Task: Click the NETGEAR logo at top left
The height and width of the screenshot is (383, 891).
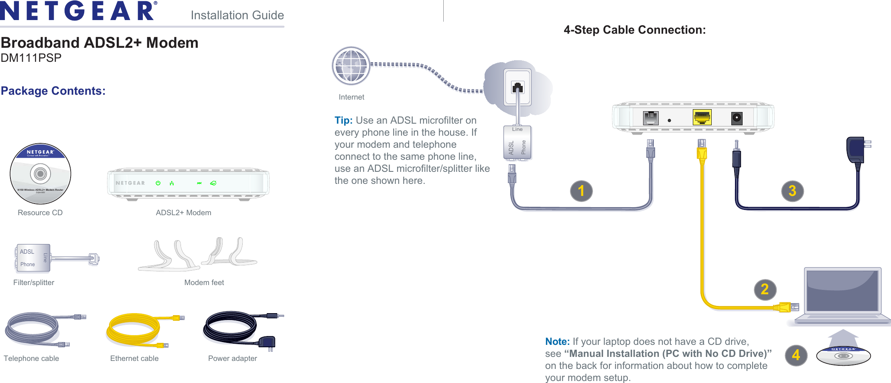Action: (x=78, y=11)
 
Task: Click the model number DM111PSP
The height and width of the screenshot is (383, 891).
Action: (x=31, y=58)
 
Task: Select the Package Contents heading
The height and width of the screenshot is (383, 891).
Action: (x=53, y=91)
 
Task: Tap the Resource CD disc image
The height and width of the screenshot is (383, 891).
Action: (x=40, y=173)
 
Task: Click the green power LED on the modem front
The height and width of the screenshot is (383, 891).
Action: (x=158, y=183)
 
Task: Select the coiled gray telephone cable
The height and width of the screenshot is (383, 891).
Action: (x=32, y=329)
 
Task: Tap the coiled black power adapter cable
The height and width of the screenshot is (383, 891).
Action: (x=229, y=327)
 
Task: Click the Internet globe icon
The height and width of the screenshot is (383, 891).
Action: (x=351, y=65)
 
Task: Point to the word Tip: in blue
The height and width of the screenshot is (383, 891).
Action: (x=343, y=120)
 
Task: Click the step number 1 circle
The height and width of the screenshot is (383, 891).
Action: (x=581, y=191)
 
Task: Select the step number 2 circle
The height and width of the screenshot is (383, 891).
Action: (x=765, y=289)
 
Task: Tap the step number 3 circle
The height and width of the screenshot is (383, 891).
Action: (x=792, y=191)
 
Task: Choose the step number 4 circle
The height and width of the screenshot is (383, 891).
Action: (x=796, y=355)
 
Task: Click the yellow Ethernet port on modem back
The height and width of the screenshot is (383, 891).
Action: (x=702, y=117)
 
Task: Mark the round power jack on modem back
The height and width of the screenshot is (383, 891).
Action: (x=737, y=118)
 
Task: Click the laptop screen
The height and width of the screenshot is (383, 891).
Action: (x=842, y=290)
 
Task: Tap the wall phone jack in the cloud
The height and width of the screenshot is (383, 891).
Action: (x=518, y=88)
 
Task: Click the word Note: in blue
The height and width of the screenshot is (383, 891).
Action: (x=557, y=342)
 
